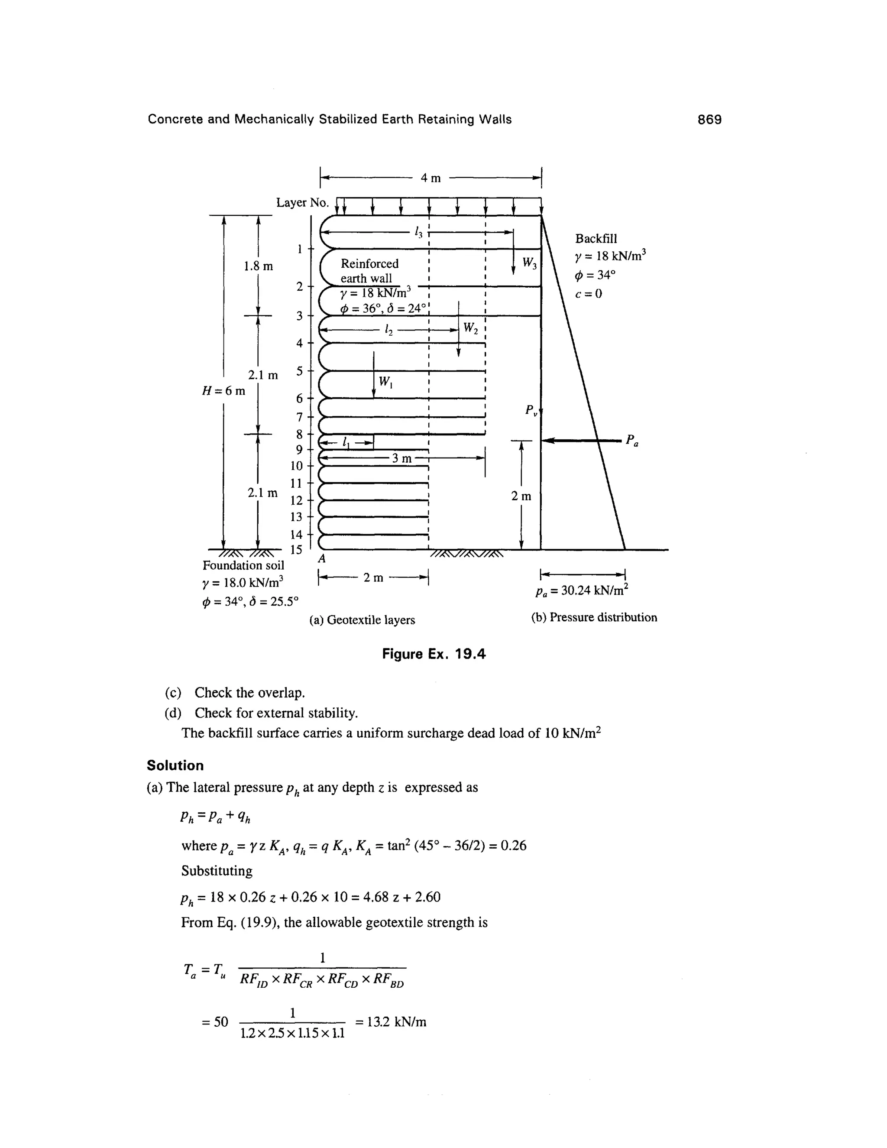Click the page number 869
pos(709,120)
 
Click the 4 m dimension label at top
pos(431,178)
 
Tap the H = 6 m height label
pos(224,391)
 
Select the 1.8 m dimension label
pos(258,266)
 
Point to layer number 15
pos(296,550)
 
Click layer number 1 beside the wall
pos(300,249)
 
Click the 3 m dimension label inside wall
pos(402,458)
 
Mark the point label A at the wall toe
pos(322,559)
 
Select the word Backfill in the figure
pos(596,239)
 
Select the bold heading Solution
pos(175,765)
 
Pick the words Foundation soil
pos(243,566)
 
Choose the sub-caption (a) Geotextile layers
pos(362,620)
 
